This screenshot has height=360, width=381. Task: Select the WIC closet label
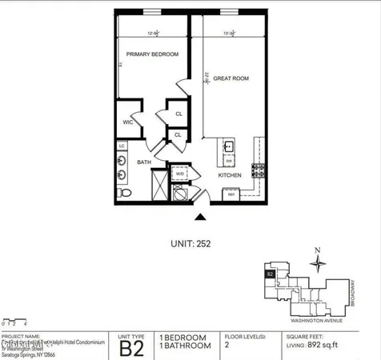(x=127, y=122)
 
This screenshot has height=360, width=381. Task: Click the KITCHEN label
(x=230, y=175)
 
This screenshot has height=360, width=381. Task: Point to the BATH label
(x=144, y=162)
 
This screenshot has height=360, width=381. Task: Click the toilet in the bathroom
(x=123, y=193)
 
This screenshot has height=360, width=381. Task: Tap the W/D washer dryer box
(x=180, y=173)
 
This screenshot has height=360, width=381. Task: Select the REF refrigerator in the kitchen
(x=231, y=194)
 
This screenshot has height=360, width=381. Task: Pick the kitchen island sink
(x=228, y=146)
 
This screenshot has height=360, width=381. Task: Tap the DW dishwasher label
(x=228, y=160)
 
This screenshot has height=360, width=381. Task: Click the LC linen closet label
(x=122, y=146)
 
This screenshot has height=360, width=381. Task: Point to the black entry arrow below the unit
(x=200, y=216)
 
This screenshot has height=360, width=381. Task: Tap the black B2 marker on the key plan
(x=270, y=274)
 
